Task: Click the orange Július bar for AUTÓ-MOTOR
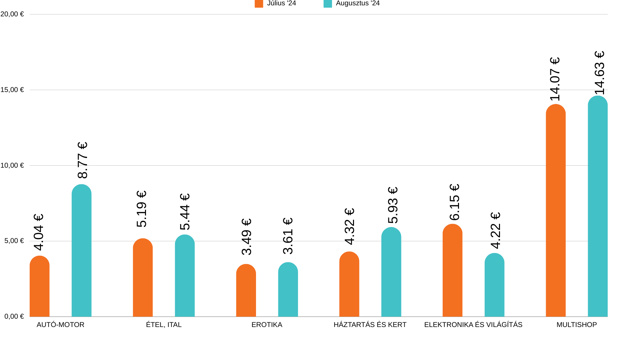pos(40,287)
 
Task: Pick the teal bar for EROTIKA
pos(288,290)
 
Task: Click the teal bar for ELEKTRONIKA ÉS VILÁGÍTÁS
pos(494,285)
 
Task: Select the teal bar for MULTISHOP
pos(598,206)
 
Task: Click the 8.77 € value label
pos(82,160)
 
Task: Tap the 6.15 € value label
pos(454,202)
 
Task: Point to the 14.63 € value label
pos(599,73)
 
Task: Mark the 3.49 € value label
pos(246,237)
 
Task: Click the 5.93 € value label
pos(393,205)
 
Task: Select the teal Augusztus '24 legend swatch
pos(328,3)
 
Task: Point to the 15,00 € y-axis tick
pos(12,90)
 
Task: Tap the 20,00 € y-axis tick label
pos(12,14)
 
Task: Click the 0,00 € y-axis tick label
pos(14,316)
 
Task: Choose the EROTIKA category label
pos(267,325)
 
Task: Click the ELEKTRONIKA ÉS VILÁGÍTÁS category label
pos(473,325)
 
